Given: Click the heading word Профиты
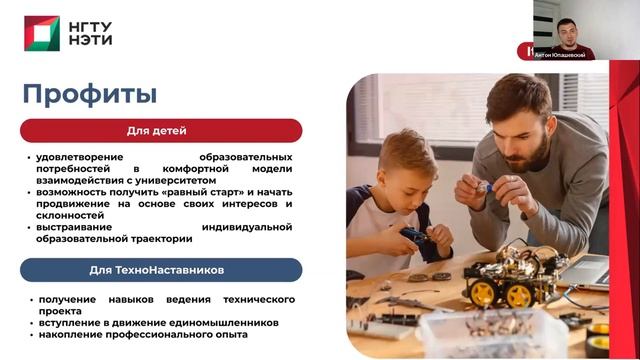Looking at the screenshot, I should (x=90, y=95).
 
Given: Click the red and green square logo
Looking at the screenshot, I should (x=42, y=33).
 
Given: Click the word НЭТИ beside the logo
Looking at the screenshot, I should (x=90, y=41).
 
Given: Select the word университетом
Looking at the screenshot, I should (x=199, y=180).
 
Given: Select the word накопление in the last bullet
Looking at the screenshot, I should (x=76, y=334).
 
